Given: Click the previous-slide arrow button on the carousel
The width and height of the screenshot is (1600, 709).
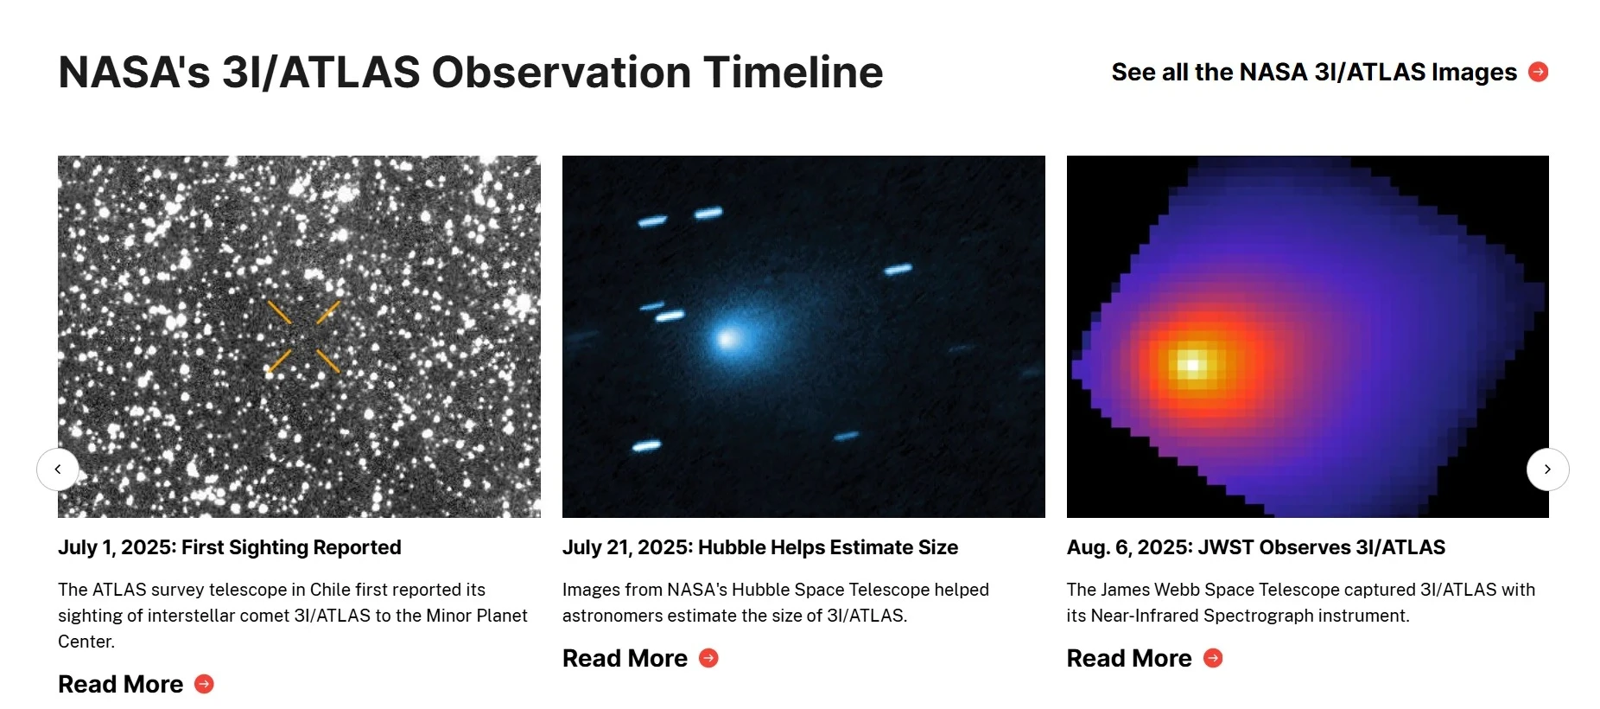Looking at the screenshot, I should click(58, 469).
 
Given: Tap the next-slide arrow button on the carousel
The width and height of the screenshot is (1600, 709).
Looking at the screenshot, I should click(1547, 469).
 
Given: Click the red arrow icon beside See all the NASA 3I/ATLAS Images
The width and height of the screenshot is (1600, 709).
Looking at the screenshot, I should click(1538, 72).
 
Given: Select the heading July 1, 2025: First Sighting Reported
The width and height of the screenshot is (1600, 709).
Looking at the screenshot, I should click(229, 547).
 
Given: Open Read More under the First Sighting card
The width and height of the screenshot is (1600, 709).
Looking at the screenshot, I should click(121, 684).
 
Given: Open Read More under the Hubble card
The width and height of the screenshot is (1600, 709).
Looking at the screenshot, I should click(625, 658).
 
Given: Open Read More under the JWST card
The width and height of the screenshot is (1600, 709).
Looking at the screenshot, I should click(1129, 658).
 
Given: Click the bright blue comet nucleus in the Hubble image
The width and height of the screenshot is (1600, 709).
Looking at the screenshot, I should click(728, 339).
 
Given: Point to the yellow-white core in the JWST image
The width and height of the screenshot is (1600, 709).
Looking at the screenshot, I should click(1193, 364).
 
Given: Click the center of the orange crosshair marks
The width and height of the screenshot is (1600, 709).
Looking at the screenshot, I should click(304, 337).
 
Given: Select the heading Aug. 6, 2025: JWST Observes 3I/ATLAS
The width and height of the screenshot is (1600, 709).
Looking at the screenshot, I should click(1255, 547).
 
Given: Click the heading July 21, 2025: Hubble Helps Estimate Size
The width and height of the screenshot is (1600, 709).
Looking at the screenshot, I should click(759, 547).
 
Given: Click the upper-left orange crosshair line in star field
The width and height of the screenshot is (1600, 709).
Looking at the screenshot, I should click(279, 312).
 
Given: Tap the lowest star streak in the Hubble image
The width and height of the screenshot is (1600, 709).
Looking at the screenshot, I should click(646, 446).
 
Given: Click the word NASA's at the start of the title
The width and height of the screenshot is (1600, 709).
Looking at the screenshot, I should click(134, 73).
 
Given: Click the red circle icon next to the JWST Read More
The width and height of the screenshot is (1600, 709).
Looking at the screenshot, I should click(1213, 658).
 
